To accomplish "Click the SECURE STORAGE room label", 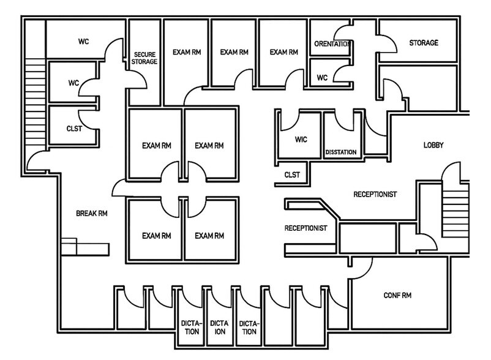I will [145, 58].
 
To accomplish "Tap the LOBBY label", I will [433, 145].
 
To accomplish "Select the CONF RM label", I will [397, 296].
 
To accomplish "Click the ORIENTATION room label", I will [331, 44].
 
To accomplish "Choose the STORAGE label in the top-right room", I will [424, 43].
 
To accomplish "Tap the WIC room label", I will [300, 140].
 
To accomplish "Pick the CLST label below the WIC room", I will [292, 175].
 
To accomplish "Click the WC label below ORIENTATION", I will [322, 78].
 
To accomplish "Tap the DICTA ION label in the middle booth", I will [219, 328].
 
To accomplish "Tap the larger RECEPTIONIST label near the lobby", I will [375, 194].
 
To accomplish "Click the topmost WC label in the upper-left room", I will [83, 42].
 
